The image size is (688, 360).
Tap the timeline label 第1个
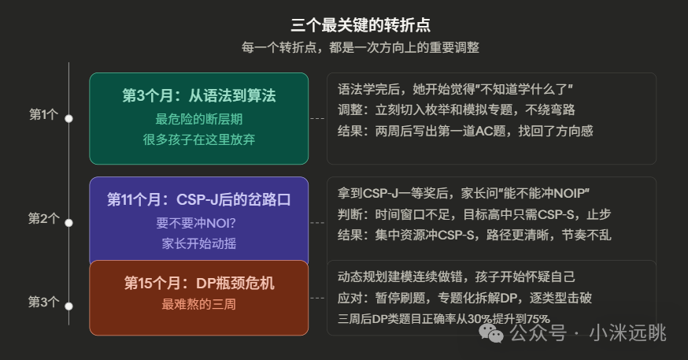(x=43, y=115)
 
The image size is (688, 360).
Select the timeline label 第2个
(x=43, y=219)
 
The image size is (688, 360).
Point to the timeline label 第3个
(x=43, y=302)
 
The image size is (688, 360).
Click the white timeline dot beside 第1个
(x=68, y=118)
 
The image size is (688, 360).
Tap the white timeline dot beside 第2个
(x=68, y=222)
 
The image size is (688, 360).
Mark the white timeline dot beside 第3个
(x=68, y=305)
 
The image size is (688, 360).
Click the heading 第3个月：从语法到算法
(x=198, y=96)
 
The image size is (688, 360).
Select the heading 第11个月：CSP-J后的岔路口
(x=198, y=199)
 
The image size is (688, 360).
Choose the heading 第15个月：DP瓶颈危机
(x=198, y=284)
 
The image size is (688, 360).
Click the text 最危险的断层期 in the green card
(x=198, y=120)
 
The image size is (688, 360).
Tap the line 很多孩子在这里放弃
(x=198, y=139)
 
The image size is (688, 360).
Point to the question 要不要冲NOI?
(x=198, y=223)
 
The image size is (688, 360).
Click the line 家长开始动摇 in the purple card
(x=198, y=243)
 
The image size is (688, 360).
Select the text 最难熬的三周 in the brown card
(x=198, y=304)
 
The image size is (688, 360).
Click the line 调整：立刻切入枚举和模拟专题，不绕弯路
(x=454, y=109)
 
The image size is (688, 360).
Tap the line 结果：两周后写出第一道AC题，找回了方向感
(x=464, y=131)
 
